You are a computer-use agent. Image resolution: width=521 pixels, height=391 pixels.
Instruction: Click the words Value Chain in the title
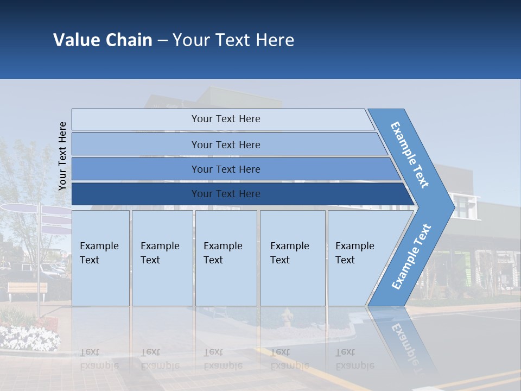coord(103,40)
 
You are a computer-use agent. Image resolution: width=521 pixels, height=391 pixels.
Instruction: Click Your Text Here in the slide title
coord(233,40)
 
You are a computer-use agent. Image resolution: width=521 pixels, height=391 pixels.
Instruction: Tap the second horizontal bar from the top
coord(225,144)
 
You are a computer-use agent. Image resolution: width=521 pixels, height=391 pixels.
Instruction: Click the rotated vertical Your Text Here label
coord(62,156)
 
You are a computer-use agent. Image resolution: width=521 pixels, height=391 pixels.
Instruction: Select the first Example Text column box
coord(100,258)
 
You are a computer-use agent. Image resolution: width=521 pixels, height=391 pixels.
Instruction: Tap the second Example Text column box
coord(162,258)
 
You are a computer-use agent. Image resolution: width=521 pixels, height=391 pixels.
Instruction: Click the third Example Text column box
coord(225,258)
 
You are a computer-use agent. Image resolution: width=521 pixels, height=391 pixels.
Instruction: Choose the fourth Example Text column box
coord(292,258)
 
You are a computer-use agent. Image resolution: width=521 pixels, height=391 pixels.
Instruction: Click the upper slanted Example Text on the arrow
coord(410,155)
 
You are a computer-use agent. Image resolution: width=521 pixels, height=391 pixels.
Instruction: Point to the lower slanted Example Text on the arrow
coord(411,256)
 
